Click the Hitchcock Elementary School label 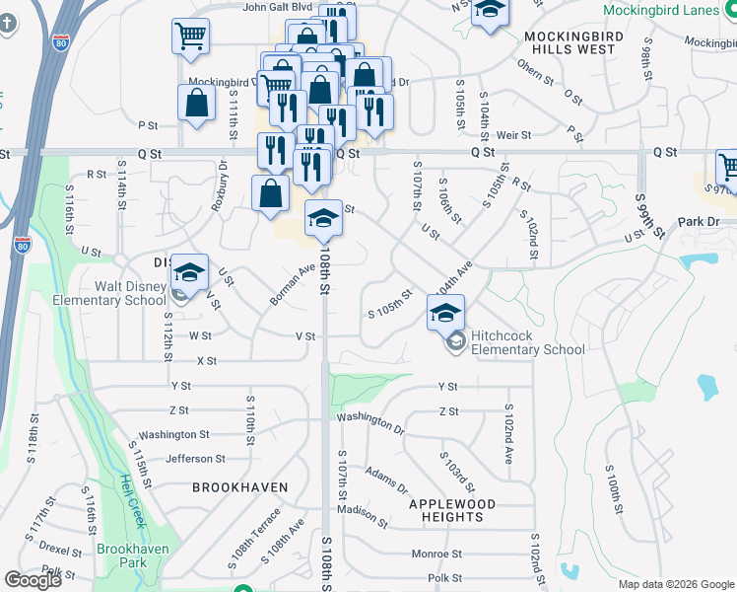[x=527, y=342]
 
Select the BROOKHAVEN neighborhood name [x=239, y=487]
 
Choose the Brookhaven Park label [x=132, y=555]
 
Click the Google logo [x=33, y=580]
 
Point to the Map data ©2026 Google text [x=675, y=584]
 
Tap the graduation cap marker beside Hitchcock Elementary [x=445, y=313]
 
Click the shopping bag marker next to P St [x=196, y=103]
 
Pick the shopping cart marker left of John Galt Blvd [x=190, y=37]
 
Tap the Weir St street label [x=514, y=134]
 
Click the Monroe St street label [x=431, y=554]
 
